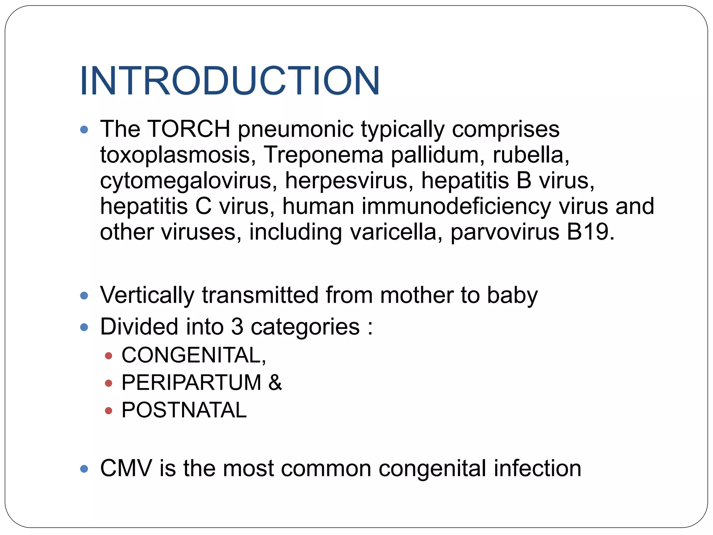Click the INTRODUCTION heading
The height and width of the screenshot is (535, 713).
230,81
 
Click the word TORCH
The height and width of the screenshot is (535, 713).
189,129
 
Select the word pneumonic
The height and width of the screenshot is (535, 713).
296,130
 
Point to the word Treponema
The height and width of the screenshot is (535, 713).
323,155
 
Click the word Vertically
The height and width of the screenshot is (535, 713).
147,295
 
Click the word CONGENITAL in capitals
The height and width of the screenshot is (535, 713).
191,355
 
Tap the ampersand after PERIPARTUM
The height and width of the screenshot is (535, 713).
275,382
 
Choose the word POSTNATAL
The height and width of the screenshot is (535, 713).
184,410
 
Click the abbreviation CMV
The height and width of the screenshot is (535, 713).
126,468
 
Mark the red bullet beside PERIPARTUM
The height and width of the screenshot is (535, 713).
108,383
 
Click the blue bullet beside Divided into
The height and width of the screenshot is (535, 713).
84,327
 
